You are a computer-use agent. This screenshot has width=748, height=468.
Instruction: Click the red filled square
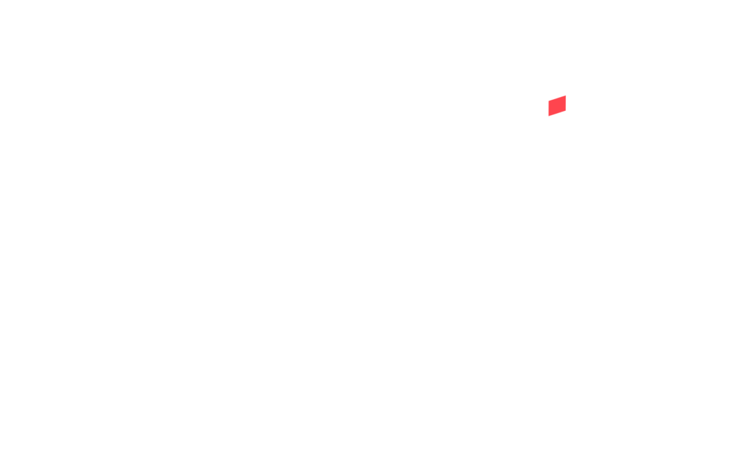(557, 106)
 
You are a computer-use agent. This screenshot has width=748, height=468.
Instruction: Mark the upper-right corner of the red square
(566, 96)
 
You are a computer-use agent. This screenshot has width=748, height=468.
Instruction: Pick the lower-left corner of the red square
(549, 116)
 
